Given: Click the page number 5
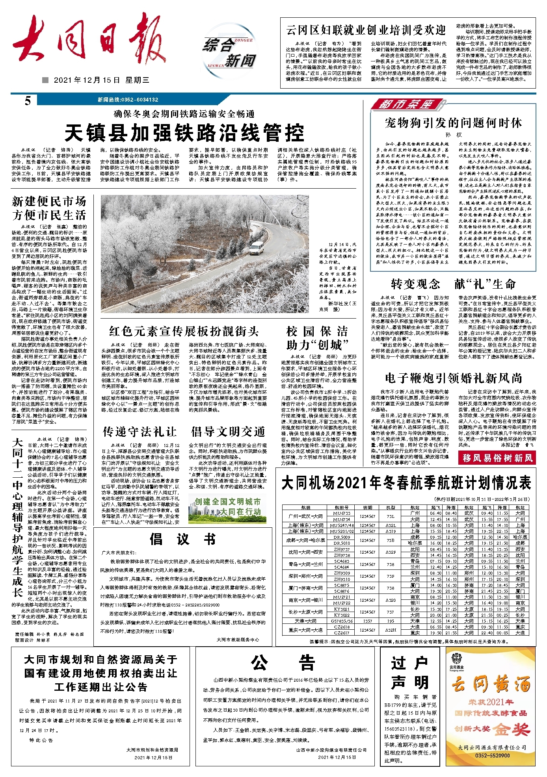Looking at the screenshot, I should (x=28, y=101).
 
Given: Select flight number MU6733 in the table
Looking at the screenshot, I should (x=341, y=513).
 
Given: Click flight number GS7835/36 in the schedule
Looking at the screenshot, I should (x=341, y=621).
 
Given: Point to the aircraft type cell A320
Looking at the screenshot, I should (x=391, y=600).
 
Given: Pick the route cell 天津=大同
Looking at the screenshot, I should (x=305, y=621).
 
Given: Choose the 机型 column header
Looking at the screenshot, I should (x=391, y=508).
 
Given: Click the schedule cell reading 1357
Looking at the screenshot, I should (x=367, y=621).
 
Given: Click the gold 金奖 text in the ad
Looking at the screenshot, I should (x=511, y=729).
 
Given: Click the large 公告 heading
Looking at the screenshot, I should (x=283, y=663).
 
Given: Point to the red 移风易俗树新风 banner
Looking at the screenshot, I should (x=497, y=458).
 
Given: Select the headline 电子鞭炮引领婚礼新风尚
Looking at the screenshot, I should (x=453, y=378).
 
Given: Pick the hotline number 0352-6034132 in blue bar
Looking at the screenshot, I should (x=128, y=100).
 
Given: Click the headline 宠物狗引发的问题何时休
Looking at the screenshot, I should (x=453, y=122).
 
